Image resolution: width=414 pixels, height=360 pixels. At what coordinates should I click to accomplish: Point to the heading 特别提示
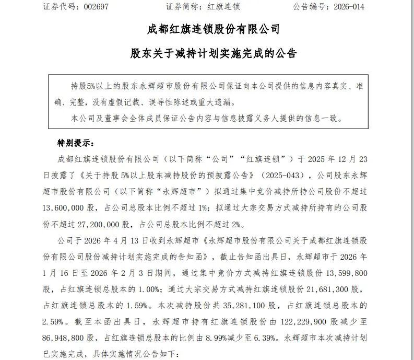point(75,143)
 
